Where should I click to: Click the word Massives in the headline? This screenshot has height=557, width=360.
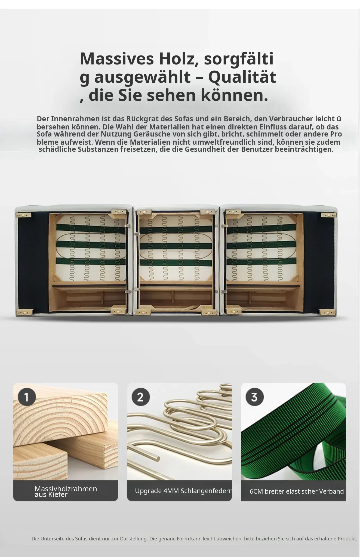(x=117, y=58)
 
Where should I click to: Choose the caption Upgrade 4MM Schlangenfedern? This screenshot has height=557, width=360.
(x=184, y=491)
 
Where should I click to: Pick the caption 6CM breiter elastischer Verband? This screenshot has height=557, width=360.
(x=297, y=491)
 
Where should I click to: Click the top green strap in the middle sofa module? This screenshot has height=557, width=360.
(x=176, y=229)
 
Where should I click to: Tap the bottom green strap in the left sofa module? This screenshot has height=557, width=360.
(x=91, y=261)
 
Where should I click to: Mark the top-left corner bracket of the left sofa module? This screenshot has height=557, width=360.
(x=23, y=215)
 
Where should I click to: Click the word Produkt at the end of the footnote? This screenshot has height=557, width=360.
(x=347, y=539)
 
